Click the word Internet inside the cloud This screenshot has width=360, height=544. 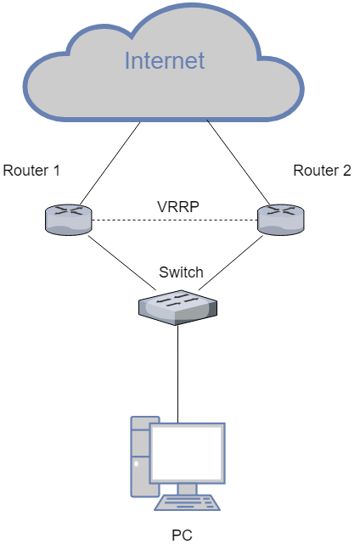pyautogui.click(x=165, y=60)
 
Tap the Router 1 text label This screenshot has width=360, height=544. pyautogui.click(x=31, y=171)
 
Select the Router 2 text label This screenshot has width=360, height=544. pyautogui.click(x=322, y=171)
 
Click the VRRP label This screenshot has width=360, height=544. pyautogui.click(x=178, y=207)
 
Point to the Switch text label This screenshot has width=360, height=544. pyautogui.click(x=181, y=272)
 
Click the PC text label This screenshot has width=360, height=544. pyautogui.click(x=182, y=535)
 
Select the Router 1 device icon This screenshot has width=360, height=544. pyautogui.click(x=69, y=220)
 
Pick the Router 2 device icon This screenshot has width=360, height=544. pyautogui.click(x=280, y=220)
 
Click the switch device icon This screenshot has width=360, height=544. pyautogui.click(x=177, y=307)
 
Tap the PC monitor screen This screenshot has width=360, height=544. pyautogui.click(x=187, y=453)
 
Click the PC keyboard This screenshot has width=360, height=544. pyautogui.click(x=187, y=502)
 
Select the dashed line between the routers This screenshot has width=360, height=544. pyautogui.click(x=175, y=220)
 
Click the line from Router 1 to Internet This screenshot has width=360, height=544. pyautogui.click(x=110, y=163)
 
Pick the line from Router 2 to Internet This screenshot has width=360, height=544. pyautogui.click(x=238, y=162)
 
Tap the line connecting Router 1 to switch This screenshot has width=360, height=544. pyautogui.click(x=122, y=262)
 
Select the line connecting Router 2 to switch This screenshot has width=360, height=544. pyautogui.click(x=231, y=262)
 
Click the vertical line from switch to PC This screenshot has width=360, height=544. pyautogui.click(x=177, y=374)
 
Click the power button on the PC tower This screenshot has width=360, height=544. pyautogui.click(x=137, y=463)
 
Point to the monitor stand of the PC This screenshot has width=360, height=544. pyautogui.click(x=187, y=489)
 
